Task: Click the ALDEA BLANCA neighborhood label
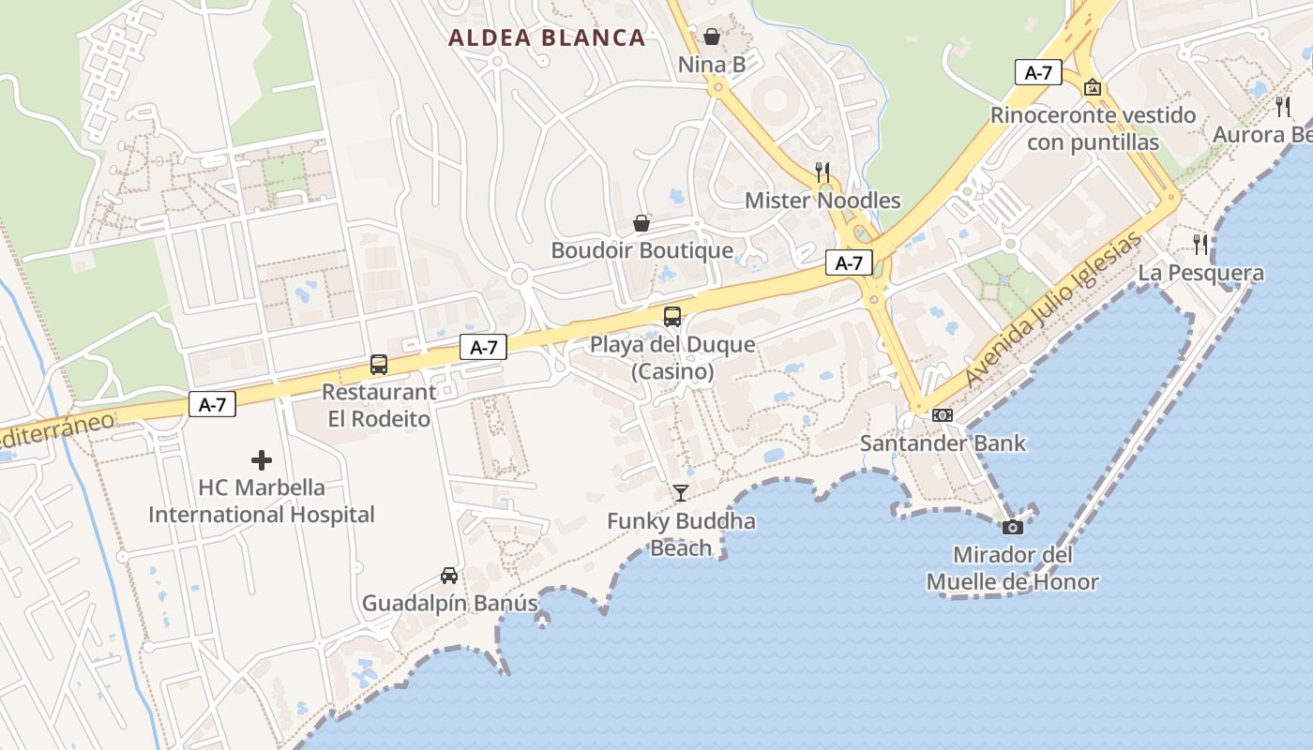(x=547, y=37)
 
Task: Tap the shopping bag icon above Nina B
(x=712, y=37)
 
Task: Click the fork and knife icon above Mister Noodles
(x=823, y=172)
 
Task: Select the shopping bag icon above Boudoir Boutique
(x=641, y=222)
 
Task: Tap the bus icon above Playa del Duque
(x=672, y=316)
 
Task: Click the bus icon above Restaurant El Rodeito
(x=379, y=364)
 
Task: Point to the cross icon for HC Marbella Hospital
(x=262, y=460)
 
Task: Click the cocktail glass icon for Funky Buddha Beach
(x=681, y=492)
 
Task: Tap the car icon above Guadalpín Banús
(x=449, y=575)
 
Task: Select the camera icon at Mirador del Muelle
(x=1012, y=527)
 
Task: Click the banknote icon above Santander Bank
(x=943, y=414)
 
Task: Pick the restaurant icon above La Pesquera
(x=1200, y=245)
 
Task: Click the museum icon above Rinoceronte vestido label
(x=1093, y=87)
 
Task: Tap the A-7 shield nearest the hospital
(x=212, y=404)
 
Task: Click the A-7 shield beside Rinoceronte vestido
(x=1037, y=72)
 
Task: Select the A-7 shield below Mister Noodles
(x=849, y=263)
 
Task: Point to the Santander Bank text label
(x=943, y=442)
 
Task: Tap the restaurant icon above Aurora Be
(x=1283, y=106)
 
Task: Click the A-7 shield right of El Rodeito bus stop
(x=483, y=347)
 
